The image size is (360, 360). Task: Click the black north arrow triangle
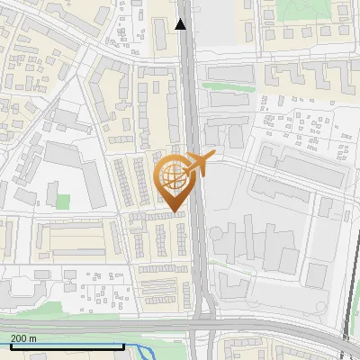click(x=181, y=24)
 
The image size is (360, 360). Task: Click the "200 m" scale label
click(x=23, y=338)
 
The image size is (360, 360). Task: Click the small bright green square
click(x=62, y=201)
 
